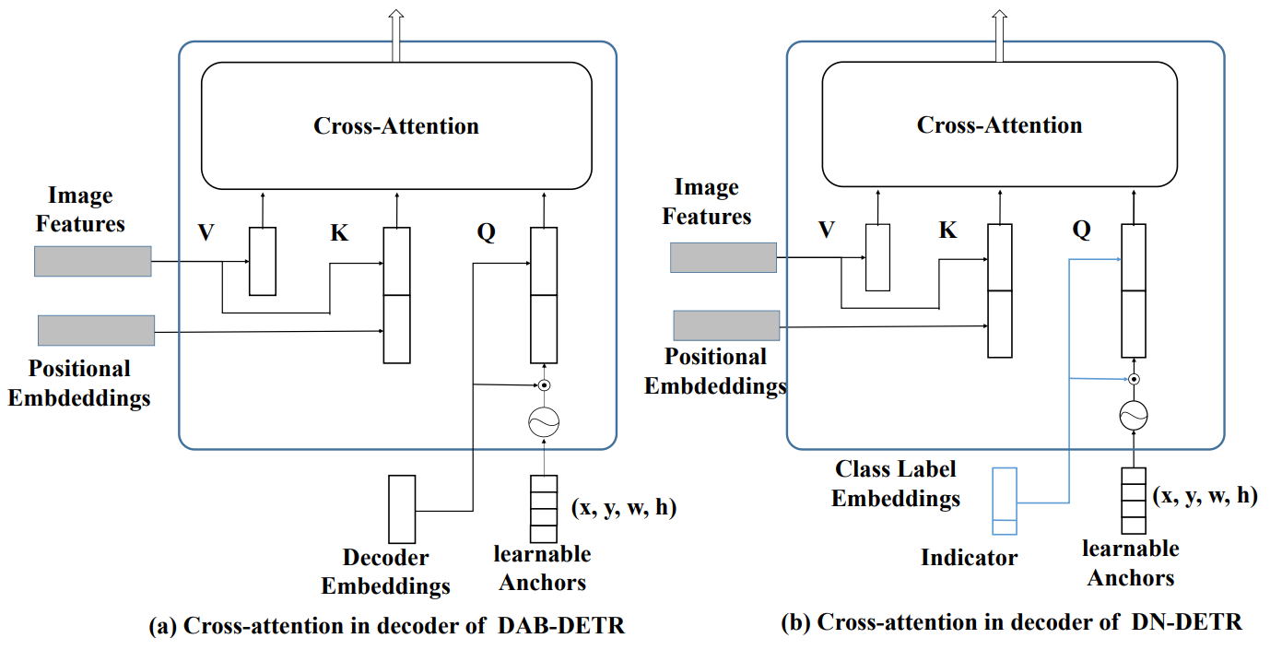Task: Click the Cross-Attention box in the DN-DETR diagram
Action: click(x=999, y=125)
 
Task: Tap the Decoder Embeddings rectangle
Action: click(x=402, y=508)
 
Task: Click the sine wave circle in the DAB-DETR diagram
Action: click(x=544, y=421)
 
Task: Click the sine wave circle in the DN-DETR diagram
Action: click(x=1133, y=416)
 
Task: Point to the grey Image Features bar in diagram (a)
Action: click(x=92, y=261)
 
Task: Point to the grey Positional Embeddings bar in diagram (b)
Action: click(x=726, y=325)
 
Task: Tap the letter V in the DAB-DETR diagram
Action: click(x=206, y=233)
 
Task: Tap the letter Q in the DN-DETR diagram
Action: click(x=1081, y=230)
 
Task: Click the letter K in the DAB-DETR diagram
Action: click(x=339, y=233)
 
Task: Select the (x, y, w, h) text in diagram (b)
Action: click(x=1205, y=495)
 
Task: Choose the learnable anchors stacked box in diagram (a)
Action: click(x=544, y=508)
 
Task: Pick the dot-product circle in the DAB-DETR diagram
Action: click(x=544, y=384)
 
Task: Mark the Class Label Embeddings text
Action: click(x=896, y=484)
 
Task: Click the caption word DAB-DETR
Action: click(x=561, y=626)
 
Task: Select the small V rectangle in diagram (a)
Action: click(x=263, y=261)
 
